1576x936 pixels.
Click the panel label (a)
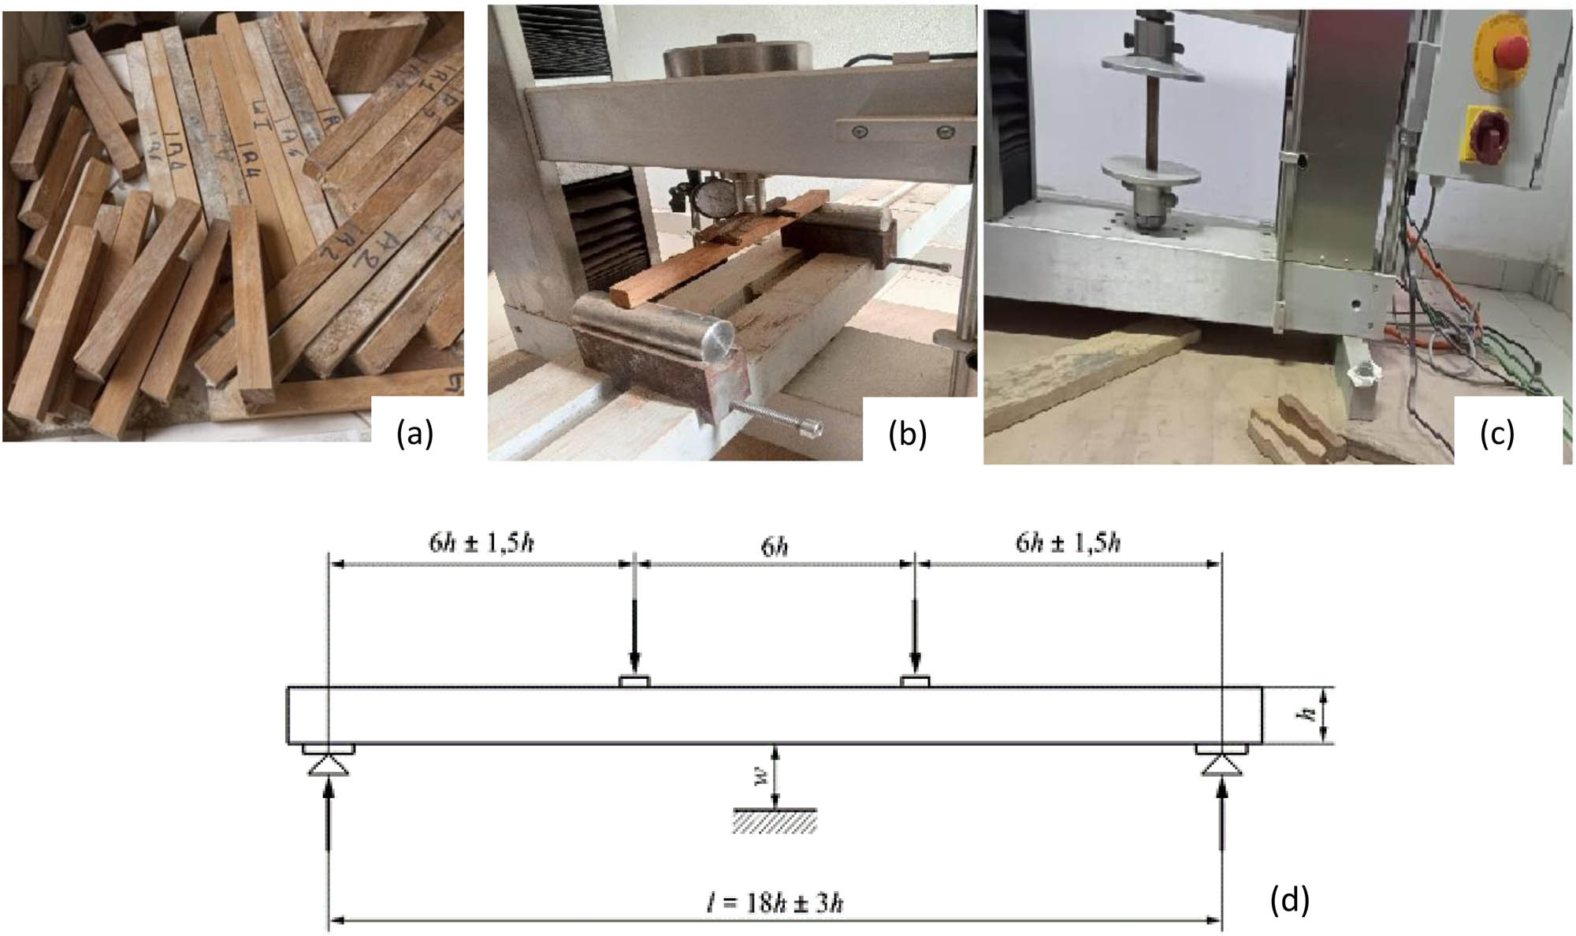[415, 433]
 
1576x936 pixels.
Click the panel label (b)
[907, 434]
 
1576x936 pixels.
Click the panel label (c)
[1496, 434]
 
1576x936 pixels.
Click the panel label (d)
[1290, 901]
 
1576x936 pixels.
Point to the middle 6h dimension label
[775, 546]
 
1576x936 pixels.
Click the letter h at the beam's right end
[1308, 714]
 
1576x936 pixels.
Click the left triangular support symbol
[328, 766]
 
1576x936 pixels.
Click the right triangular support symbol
[1221, 766]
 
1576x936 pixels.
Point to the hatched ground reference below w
[775, 821]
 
